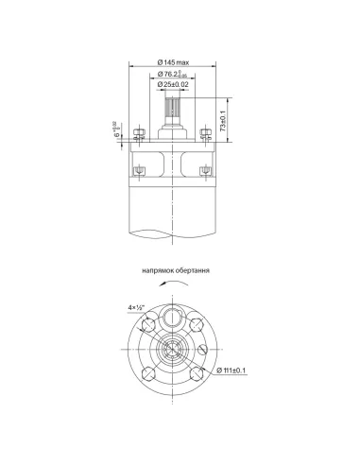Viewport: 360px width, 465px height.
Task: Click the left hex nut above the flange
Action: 138,132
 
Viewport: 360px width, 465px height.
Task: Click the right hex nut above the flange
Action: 206,132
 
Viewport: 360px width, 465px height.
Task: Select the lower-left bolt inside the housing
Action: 140,169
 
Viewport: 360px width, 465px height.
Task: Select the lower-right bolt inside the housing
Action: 205,169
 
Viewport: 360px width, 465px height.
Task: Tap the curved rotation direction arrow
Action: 171,284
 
